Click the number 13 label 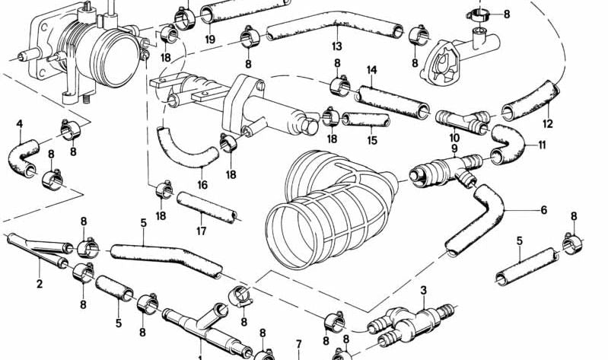[x=336, y=46]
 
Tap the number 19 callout [x=209, y=39]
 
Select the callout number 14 [x=371, y=71]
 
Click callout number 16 [x=202, y=184]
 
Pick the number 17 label [x=201, y=231]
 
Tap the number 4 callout [x=19, y=123]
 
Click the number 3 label [x=424, y=289]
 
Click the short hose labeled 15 [x=367, y=119]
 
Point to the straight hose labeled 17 [x=206, y=207]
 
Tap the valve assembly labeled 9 [x=441, y=168]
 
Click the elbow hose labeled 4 [x=23, y=158]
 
